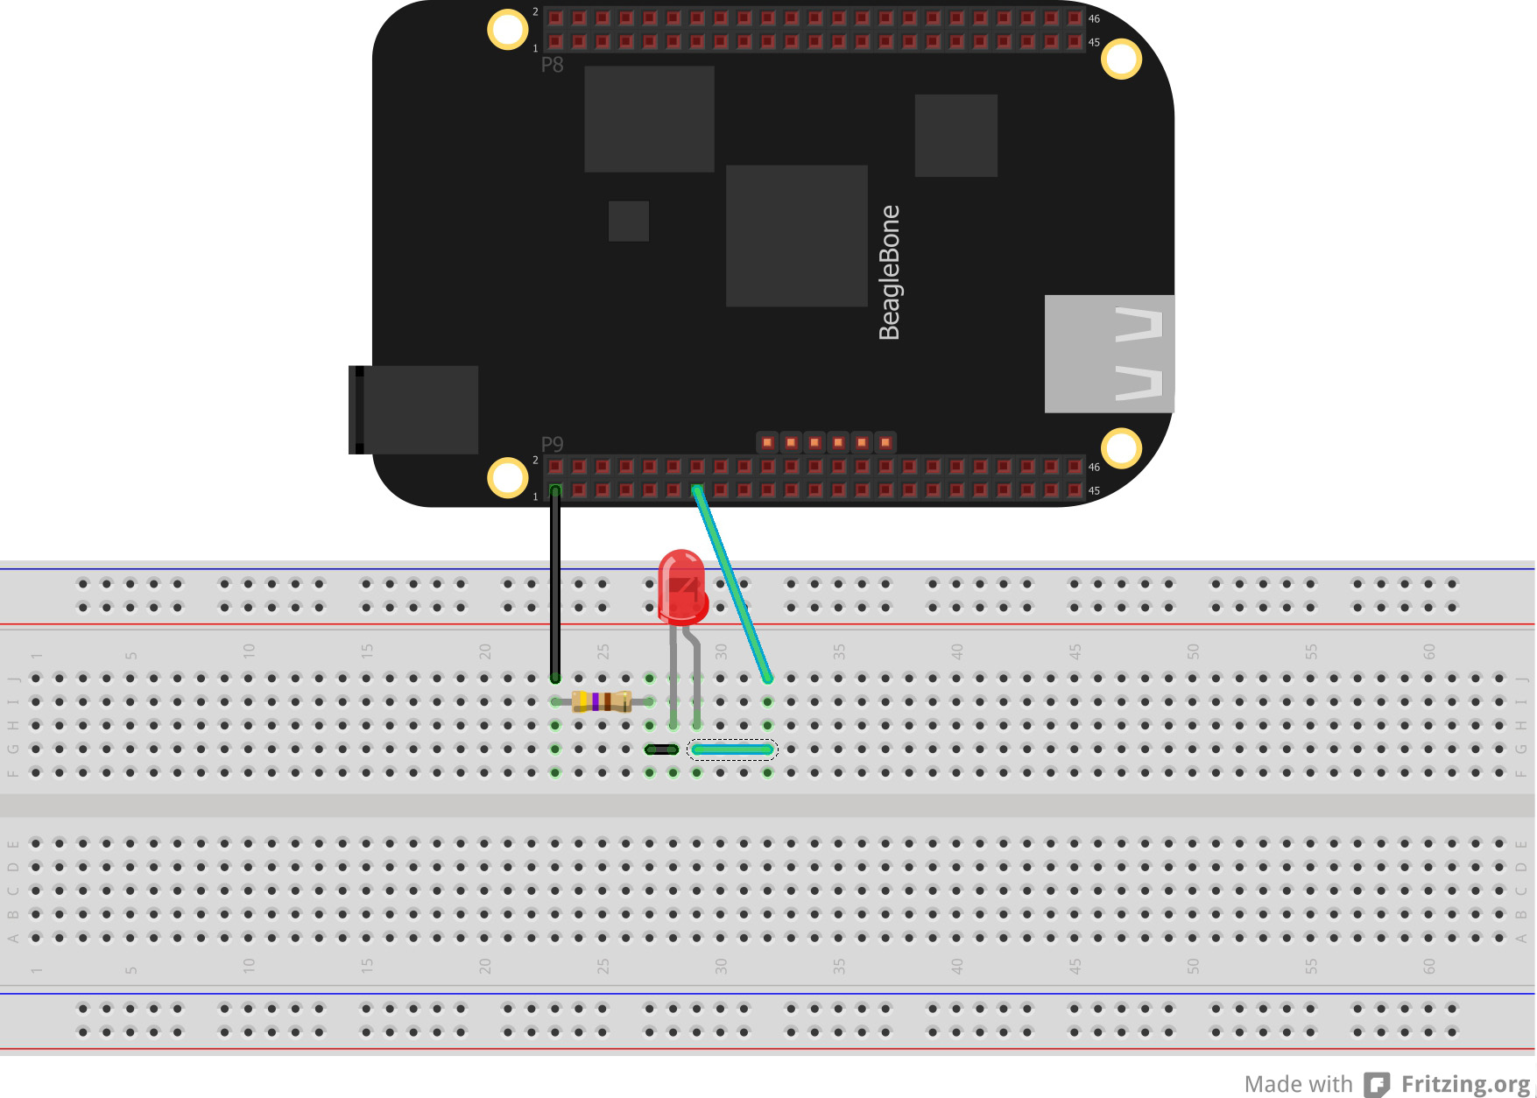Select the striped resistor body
[601, 701]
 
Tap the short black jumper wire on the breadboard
[661, 750]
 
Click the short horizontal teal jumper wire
[732, 750]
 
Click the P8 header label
[552, 65]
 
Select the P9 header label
[552, 444]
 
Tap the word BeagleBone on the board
[889, 272]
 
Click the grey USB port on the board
[1109, 354]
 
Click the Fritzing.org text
[1465, 1084]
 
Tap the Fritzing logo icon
[1377, 1085]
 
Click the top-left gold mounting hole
[507, 29]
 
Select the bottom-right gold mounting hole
[1121, 448]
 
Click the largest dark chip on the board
[796, 236]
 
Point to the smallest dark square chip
[628, 221]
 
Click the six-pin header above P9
[826, 442]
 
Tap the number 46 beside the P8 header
[1094, 19]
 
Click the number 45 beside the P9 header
[1094, 491]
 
